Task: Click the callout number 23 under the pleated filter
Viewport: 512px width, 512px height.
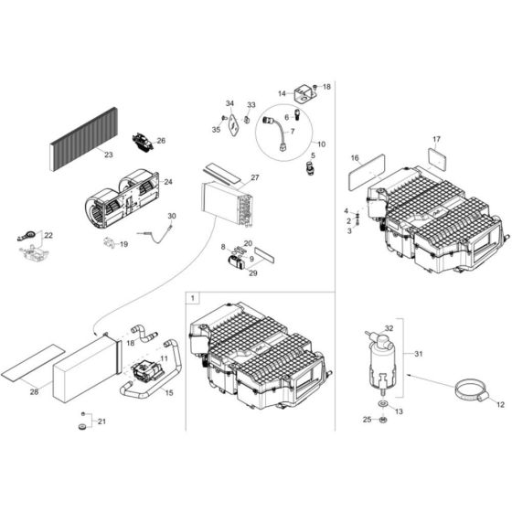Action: point(108,155)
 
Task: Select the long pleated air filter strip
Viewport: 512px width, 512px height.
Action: point(87,139)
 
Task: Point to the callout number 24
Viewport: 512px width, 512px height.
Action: point(167,183)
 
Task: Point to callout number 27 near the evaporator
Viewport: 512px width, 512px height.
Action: point(255,177)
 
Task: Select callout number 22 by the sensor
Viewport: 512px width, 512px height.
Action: point(48,236)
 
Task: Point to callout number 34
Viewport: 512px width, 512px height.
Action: point(230,103)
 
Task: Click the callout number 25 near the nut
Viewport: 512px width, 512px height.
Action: point(367,420)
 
